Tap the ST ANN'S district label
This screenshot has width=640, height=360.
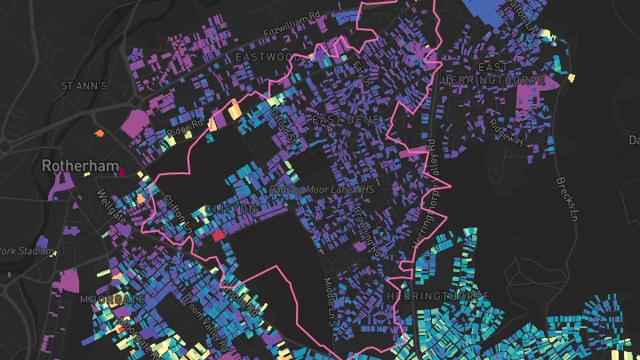click(83, 86)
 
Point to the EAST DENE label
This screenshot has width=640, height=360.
click(346, 118)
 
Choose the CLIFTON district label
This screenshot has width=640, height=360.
click(230, 209)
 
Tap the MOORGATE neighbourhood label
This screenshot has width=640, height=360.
click(112, 300)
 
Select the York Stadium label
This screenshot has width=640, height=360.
click(24, 251)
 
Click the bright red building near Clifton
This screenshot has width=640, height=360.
click(218, 235)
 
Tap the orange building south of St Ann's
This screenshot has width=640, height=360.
click(100, 133)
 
